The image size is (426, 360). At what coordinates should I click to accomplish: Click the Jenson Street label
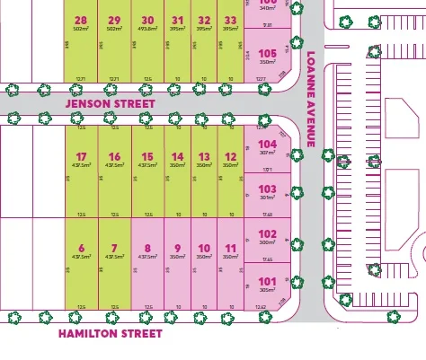point(110,104)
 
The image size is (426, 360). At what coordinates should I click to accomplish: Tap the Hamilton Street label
point(110,334)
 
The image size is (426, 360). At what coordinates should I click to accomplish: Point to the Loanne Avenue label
point(311,99)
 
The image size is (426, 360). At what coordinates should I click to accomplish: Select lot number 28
point(82,21)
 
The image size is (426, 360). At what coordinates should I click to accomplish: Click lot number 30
point(147,21)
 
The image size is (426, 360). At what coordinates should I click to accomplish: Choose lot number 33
point(231,21)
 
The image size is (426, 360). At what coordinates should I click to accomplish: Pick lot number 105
point(267,54)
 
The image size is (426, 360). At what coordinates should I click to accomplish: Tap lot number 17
point(82,157)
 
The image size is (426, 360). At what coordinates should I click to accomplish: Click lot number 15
point(147,157)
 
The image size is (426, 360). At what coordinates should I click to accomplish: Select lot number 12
point(231,157)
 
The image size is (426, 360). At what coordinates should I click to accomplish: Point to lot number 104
point(267,144)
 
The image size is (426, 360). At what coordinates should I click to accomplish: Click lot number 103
point(267,189)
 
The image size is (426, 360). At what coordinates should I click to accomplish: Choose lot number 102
point(267,233)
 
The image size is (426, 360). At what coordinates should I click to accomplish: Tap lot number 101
point(267,280)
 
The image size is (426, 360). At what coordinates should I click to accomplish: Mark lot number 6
point(82,249)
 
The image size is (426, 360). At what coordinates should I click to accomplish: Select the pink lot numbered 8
point(147,249)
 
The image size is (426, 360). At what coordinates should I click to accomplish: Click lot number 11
point(231,249)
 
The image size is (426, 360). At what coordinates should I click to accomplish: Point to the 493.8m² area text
point(147,30)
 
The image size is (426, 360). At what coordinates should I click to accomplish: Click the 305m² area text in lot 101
point(267,289)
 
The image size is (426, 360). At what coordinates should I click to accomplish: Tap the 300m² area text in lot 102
point(267,242)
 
